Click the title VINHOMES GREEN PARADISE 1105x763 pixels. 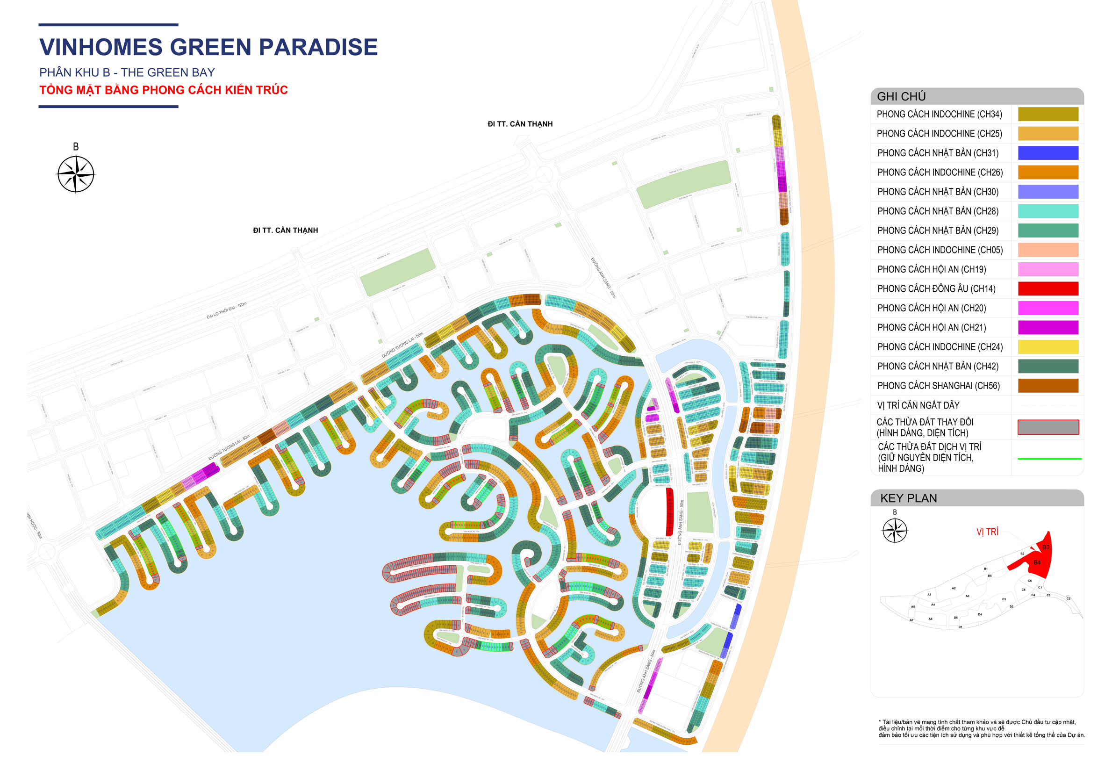point(208,47)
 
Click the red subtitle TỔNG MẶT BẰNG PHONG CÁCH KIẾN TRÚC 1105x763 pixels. point(164,90)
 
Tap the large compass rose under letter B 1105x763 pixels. point(76,174)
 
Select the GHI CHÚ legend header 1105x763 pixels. point(901,97)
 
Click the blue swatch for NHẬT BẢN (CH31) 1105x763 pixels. point(1048,153)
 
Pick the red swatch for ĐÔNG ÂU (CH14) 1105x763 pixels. point(1048,289)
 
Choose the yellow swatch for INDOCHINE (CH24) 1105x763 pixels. point(1048,346)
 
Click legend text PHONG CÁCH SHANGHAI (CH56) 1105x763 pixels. point(938,386)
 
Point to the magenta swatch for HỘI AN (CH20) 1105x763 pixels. point(1048,308)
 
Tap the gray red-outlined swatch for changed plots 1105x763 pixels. point(1048,427)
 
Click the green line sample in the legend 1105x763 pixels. point(1048,459)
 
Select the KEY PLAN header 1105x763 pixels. point(908,498)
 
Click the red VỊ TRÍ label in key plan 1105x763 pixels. point(987,532)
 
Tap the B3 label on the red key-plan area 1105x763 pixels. point(1045,547)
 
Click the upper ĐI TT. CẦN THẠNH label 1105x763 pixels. point(520,124)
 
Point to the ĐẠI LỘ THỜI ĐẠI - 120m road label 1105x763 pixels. point(227,310)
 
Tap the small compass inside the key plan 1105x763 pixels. point(894,531)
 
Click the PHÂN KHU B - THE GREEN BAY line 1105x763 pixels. point(127,72)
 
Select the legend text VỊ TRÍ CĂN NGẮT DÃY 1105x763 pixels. point(918,405)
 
